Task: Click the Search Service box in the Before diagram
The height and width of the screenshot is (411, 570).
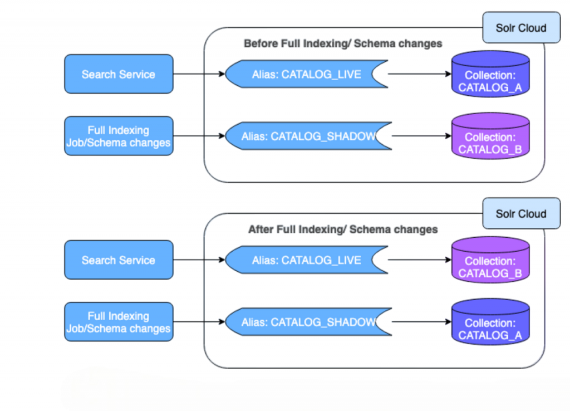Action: tap(119, 74)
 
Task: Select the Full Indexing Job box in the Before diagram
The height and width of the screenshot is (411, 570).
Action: tap(119, 136)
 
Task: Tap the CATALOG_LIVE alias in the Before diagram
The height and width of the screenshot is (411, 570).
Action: tap(306, 74)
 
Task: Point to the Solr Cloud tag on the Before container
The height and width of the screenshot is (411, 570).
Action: tap(520, 28)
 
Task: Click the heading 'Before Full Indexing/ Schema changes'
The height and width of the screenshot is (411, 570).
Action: tap(343, 43)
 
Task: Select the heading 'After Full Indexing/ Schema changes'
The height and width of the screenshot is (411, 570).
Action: tap(343, 229)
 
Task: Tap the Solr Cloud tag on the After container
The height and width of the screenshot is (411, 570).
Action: tap(520, 214)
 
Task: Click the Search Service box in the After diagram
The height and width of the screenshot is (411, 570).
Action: tap(119, 260)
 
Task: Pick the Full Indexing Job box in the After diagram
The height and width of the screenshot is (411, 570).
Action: tap(119, 322)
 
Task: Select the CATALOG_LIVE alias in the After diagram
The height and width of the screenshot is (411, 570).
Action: tap(306, 260)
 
